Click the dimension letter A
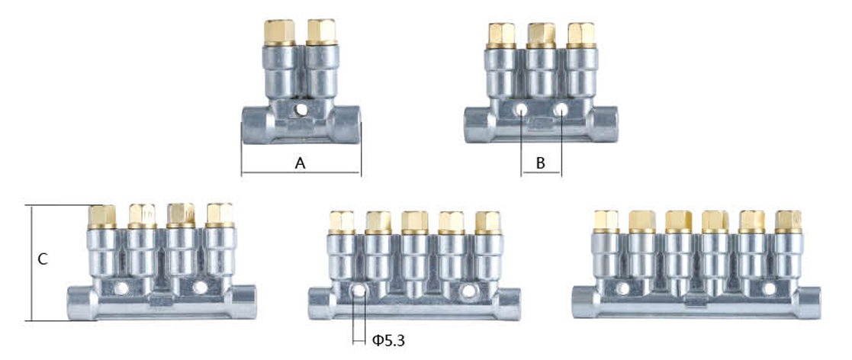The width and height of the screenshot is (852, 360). [300, 163]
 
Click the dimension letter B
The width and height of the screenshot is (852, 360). [540, 163]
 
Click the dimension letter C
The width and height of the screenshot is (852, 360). [43, 259]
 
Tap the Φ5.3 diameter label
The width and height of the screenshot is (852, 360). [388, 341]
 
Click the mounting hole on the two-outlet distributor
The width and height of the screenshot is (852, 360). [300, 111]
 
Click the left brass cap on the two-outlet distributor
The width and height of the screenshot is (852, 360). [279, 33]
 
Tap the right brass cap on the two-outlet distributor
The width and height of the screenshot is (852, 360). [321, 33]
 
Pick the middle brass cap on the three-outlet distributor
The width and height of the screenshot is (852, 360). [542, 36]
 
